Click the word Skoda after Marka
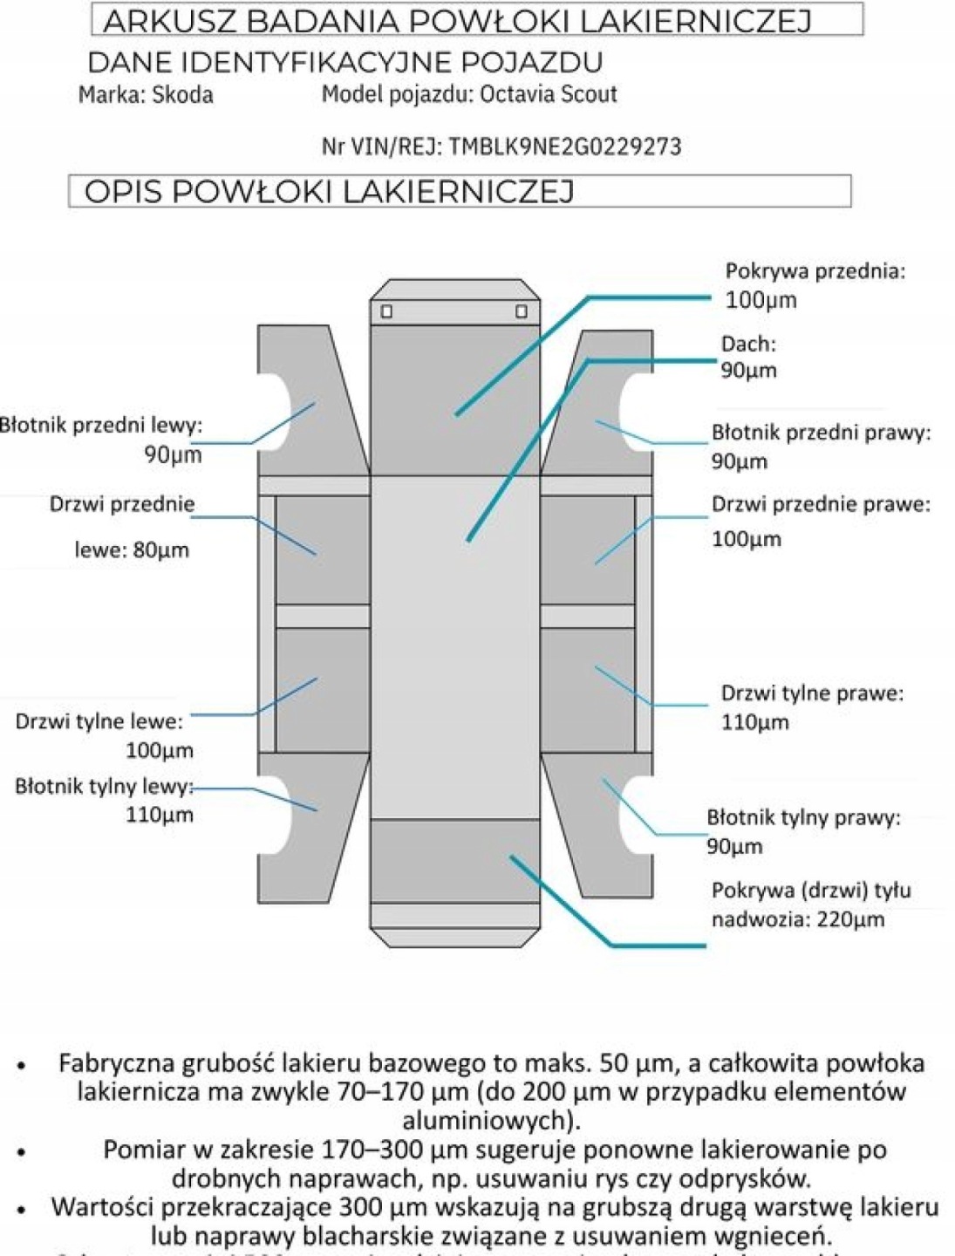coord(182,94)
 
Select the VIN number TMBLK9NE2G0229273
coord(564,146)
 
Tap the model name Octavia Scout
coord(549,93)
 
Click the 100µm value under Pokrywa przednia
coord(761,301)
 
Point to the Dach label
coord(747,344)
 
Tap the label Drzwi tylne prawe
coord(811,693)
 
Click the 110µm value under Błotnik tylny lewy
coord(159,816)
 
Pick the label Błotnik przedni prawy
coord(821,433)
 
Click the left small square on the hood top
coord(386,311)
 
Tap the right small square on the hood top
coord(522,311)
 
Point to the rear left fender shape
coord(323,811)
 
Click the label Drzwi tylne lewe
coord(99,722)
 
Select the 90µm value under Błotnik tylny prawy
coord(734,847)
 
